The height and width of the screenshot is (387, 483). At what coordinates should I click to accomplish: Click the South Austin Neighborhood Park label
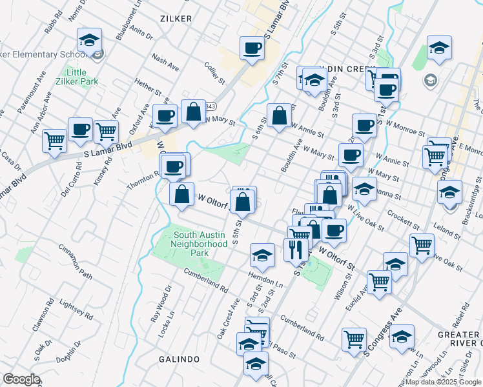pyautogui.click(x=200, y=239)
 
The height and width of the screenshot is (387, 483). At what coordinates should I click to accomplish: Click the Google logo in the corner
pyautogui.click(x=21, y=379)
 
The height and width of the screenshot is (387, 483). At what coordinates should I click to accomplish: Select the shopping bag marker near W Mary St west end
pyautogui.click(x=194, y=112)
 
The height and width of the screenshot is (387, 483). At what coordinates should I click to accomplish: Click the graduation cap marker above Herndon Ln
pyautogui.click(x=262, y=256)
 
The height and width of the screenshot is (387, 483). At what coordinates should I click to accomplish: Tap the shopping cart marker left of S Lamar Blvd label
pyautogui.click(x=55, y=140)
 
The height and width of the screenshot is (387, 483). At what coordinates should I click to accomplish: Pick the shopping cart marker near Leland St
pyautogui.click(x=422, y=244)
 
